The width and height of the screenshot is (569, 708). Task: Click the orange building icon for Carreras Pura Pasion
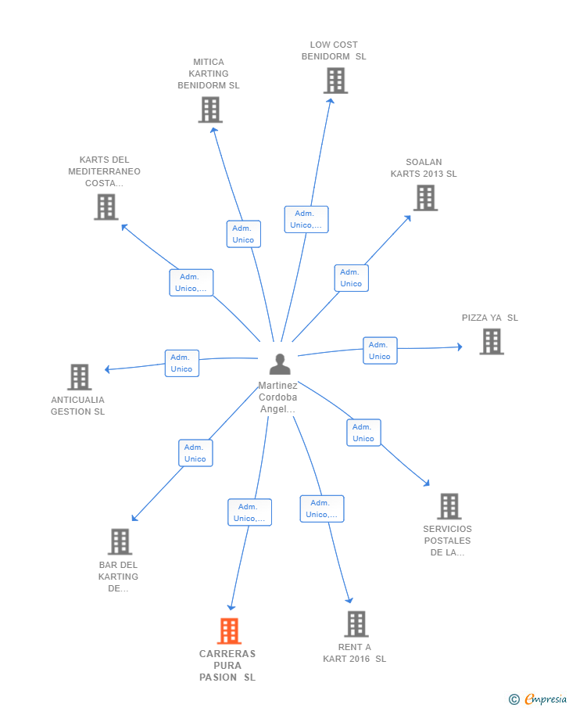[229, 631]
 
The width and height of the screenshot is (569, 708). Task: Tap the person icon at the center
[280, 364]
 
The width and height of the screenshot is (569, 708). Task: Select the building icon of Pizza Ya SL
[492, 341]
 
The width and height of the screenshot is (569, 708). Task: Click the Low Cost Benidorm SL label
[334, 51]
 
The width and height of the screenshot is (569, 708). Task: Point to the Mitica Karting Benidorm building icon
[210, 110]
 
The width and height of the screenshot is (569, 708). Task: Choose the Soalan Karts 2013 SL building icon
[425, 198]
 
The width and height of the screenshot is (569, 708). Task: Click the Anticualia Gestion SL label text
[77, 405]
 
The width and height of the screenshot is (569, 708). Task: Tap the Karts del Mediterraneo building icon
[106, 207]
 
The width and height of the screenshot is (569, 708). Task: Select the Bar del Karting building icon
[120, 541]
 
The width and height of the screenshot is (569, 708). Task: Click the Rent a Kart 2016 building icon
[356, 624]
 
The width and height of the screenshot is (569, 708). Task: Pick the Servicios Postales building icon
[449, 506]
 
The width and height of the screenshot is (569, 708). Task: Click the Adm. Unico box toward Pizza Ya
[380, 350]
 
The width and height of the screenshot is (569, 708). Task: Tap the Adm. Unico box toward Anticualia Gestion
[182, 363]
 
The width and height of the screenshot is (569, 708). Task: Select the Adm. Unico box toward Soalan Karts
[352, 278]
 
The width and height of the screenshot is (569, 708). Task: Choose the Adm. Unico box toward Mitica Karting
[244, 234]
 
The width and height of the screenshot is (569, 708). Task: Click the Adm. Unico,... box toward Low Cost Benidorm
[306, 220]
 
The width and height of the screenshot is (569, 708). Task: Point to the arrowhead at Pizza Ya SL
[460, 347]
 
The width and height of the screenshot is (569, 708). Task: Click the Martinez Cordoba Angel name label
[278, 397]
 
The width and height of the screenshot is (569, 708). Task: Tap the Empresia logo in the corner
[538, 699]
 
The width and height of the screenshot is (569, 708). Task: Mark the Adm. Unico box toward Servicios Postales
[363, 433]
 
